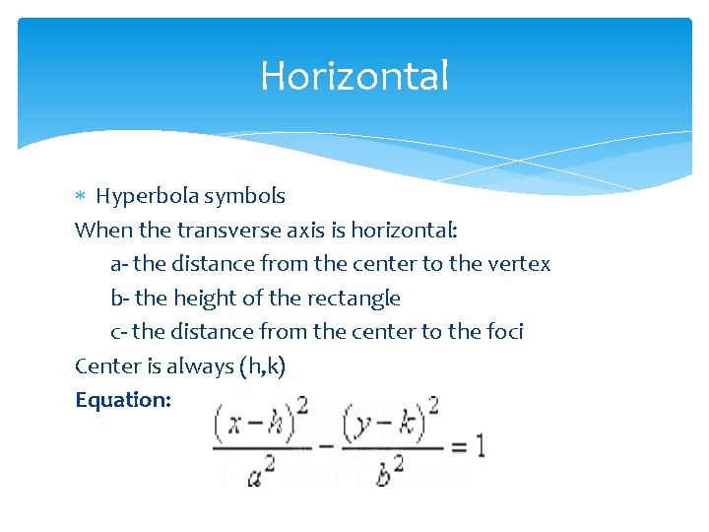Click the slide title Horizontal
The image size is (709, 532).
[x=354, y=76]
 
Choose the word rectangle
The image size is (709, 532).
[x=354, y=298]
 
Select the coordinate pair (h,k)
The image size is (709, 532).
[x=262, y=366]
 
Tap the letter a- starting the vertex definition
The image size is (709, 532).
[x=118, y=264]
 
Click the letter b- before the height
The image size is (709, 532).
[x=118, y=298]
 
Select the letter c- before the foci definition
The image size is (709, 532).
[x=117, y=332]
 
